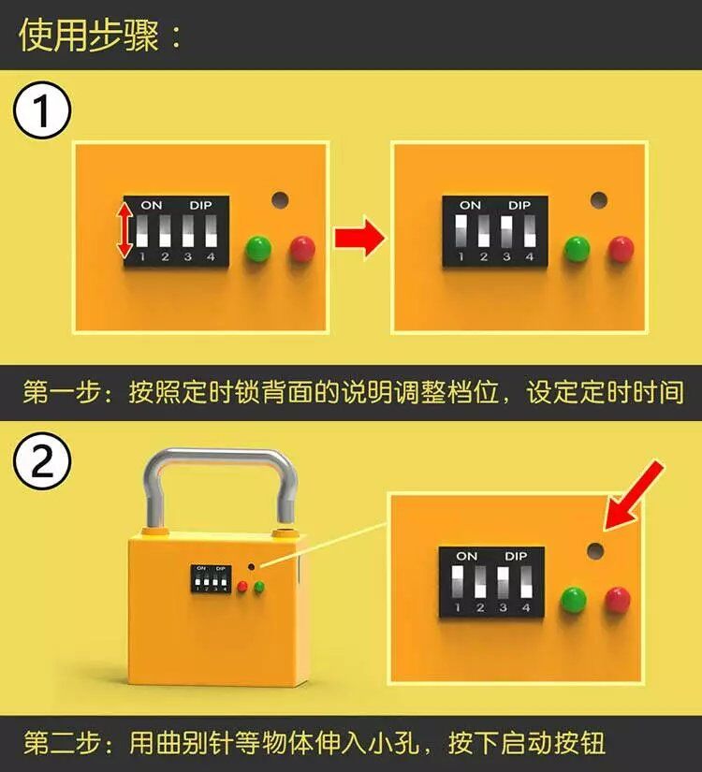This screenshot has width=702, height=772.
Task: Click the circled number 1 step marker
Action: click(42, 110)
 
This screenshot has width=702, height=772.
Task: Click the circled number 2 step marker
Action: click(42, 462)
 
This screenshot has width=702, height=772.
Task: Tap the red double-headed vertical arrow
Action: click(124, 231)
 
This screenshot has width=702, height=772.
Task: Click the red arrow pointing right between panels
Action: click(359, 236)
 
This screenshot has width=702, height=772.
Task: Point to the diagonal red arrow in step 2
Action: click(634, 495)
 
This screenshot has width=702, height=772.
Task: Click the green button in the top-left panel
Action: click(258, 249)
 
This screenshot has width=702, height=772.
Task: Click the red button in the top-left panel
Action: click(302, 249)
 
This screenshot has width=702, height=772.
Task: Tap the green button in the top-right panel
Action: click(577, 249)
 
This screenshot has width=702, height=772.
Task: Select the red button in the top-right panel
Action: click(621, 249)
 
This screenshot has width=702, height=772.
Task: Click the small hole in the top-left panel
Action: click(280, 200)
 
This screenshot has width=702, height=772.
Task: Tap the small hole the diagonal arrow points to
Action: click(595, 551)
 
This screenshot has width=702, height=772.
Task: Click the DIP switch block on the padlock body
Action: click(211, 578)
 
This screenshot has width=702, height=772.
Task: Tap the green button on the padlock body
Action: click(258, 587)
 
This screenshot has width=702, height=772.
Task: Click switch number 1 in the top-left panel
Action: click(142, 230)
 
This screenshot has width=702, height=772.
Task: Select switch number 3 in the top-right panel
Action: click(506, 230)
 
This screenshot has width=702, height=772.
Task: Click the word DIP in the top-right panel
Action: click(519, 205)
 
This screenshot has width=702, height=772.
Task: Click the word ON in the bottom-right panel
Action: click(466, 557)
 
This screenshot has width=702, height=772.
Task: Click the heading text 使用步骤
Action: click(89, 36)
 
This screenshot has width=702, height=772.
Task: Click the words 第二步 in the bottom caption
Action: click(63, 742)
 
